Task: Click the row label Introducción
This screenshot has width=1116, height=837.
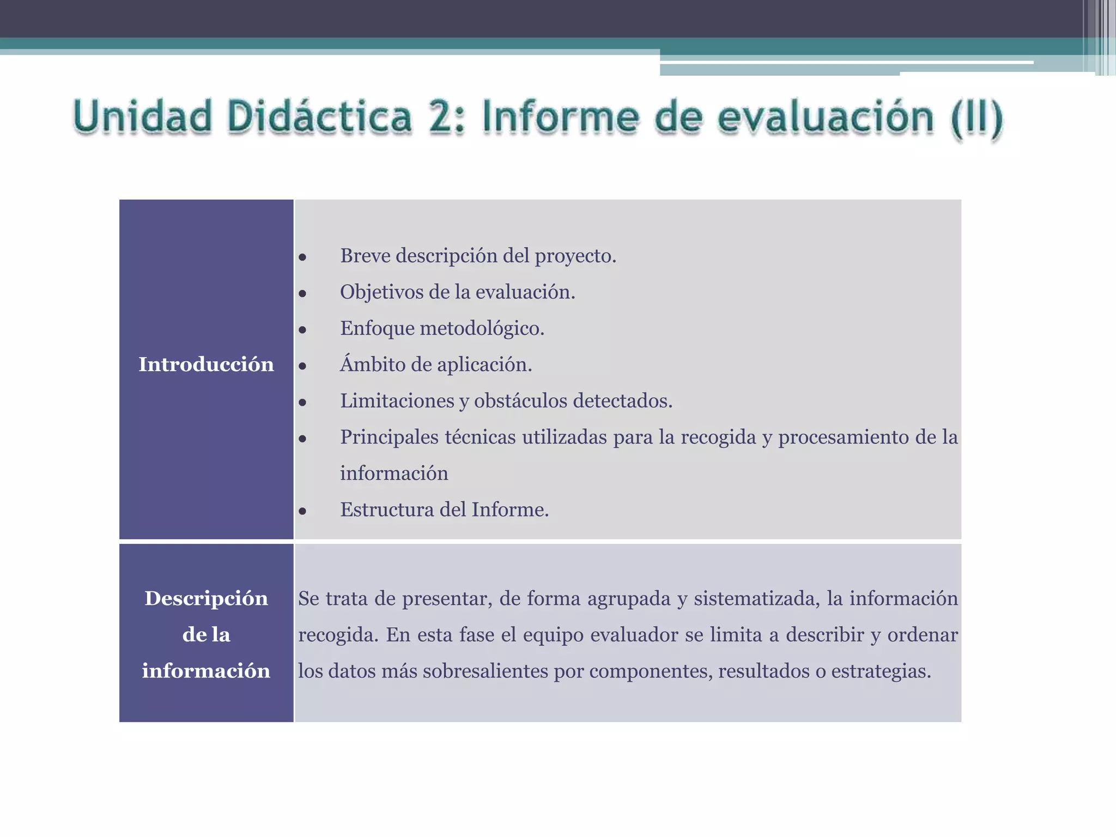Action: coord(206,365)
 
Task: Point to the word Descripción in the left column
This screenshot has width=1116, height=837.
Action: coord(206,598)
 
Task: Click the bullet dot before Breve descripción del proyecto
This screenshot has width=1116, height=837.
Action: coord(302,257)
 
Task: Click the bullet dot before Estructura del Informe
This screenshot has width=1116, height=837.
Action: coord(302,511)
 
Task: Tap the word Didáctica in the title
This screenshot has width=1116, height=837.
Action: coord(320,117)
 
